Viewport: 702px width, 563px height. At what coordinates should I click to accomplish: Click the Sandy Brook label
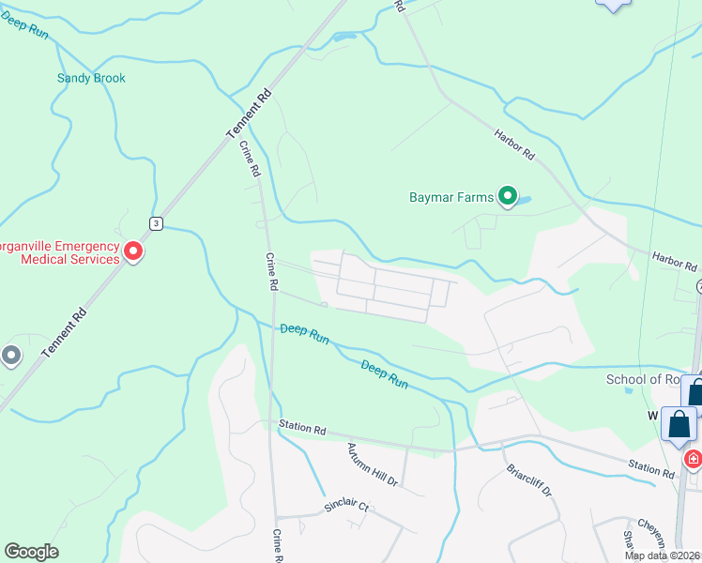[91, 79]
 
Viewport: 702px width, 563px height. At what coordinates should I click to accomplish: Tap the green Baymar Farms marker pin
[509, 196]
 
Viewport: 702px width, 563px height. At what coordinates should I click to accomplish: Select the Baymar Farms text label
[451, 198]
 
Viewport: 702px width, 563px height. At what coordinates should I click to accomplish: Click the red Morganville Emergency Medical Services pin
[133, 251]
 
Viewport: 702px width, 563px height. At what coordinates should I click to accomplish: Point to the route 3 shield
[157, 222]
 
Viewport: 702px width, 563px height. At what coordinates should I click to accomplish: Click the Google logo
[31, 552]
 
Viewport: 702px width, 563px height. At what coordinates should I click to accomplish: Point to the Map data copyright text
[662, 555]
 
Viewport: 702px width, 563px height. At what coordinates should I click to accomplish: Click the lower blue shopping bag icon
[679, 424]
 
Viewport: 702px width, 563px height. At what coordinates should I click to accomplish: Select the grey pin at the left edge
[11, 356]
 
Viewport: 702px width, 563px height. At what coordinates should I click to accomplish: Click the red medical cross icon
[693, 460]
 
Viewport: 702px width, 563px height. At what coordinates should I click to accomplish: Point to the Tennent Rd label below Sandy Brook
[249, 115]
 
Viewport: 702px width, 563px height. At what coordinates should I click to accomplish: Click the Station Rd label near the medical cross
[651, 468]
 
